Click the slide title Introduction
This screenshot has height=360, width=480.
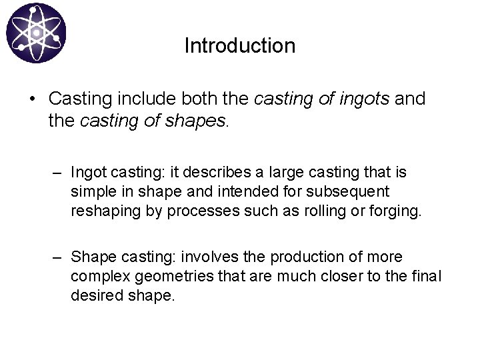pyautogui.click(x=239, y=46)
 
